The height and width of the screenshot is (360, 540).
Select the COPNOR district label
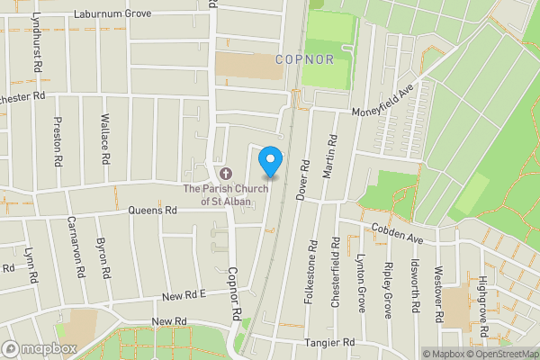[x=305, y=59]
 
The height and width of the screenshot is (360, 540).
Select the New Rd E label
[x=184, y=295]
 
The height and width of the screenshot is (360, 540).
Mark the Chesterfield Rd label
[x=335, y=273]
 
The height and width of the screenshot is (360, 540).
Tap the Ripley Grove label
[x=388, y=291]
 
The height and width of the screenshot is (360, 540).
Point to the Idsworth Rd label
[x=415, y=287]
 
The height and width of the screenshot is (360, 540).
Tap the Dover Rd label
[x=305, y=181]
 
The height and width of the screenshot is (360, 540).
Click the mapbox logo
[x=40, y=348]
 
